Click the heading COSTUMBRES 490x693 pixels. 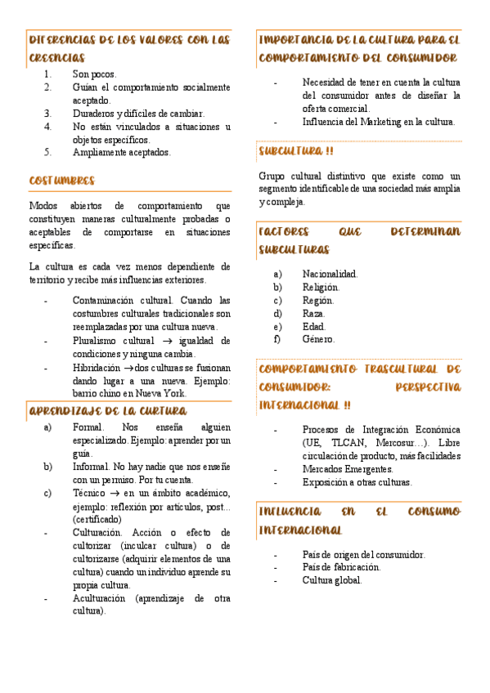click(61, 181)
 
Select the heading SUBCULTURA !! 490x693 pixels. click(295, 151)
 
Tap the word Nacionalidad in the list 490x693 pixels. click(330, 275)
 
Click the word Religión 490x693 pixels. click(321, 288)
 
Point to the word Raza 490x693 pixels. click(313, 313)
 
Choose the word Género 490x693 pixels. click(318, 339)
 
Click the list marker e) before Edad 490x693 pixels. click(278, 326)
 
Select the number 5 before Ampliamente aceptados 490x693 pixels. click(48, 152)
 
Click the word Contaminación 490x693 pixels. click(100, 301)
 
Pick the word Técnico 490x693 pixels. click(88, 493)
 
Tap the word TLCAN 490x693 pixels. click(348, 442)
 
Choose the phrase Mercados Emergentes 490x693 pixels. click(348, 469)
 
